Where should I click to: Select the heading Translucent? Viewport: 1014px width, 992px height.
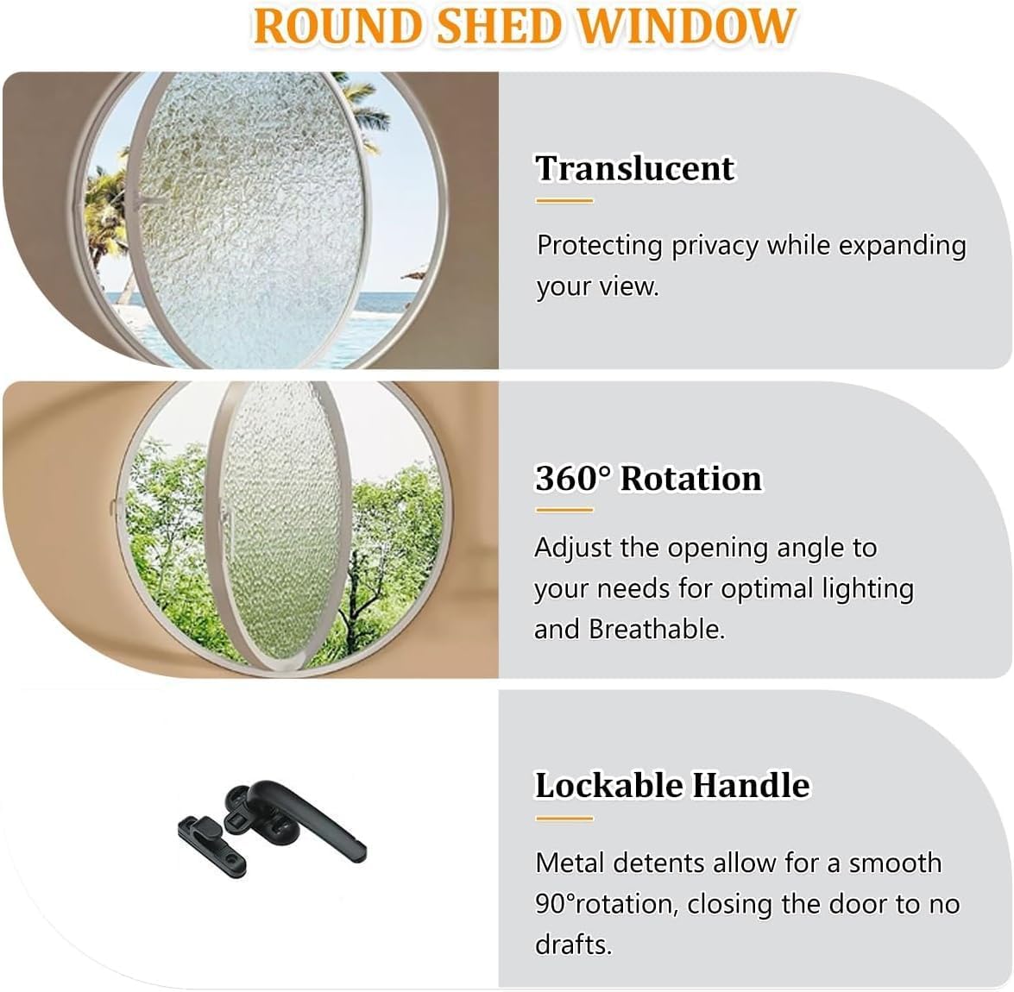(634, 167)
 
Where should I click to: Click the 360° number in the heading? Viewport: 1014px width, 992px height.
(573, 478)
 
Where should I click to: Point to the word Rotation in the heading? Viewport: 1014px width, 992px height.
(691, 478)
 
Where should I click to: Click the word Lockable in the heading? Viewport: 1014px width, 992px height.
(609, 785)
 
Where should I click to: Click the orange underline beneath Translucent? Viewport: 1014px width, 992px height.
(564, 201)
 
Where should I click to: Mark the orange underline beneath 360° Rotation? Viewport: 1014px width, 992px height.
(564, 510)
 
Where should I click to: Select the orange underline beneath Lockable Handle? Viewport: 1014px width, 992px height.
(564, 818)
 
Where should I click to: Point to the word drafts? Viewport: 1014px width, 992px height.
(573, 944)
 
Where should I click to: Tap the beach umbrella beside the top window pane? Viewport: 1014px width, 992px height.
(413, 277)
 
